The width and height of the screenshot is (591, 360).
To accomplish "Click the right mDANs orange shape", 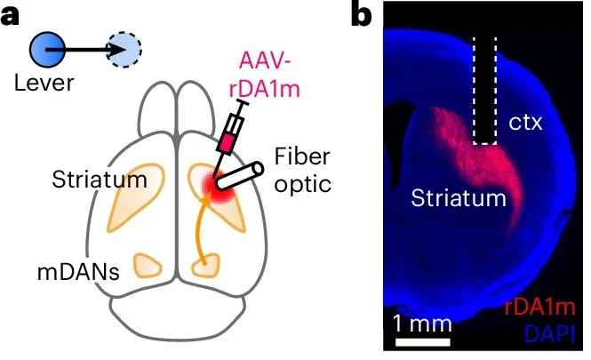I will point(209,264).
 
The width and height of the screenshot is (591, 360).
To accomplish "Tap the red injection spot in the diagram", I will point(214,183).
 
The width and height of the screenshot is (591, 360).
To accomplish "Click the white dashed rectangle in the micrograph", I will point(484,91).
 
